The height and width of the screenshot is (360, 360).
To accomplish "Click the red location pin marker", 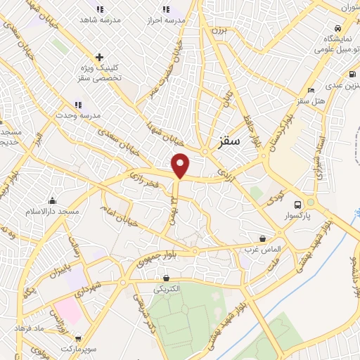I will tap(181, 165).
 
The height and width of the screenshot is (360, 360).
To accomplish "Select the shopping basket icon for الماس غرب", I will tap(263, 239).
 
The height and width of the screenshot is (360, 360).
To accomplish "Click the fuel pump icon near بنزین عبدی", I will tap(351, 73).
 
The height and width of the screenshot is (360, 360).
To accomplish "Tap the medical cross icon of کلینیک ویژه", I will tap(100, 57).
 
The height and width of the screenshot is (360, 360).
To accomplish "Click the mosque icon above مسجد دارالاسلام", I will tap(53, 200).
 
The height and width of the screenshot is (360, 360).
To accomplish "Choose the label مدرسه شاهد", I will tap(99, 21).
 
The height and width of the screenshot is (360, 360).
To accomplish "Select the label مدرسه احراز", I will tap(166, 21).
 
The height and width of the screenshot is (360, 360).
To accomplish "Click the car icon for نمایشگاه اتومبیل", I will tap(338, 27).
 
